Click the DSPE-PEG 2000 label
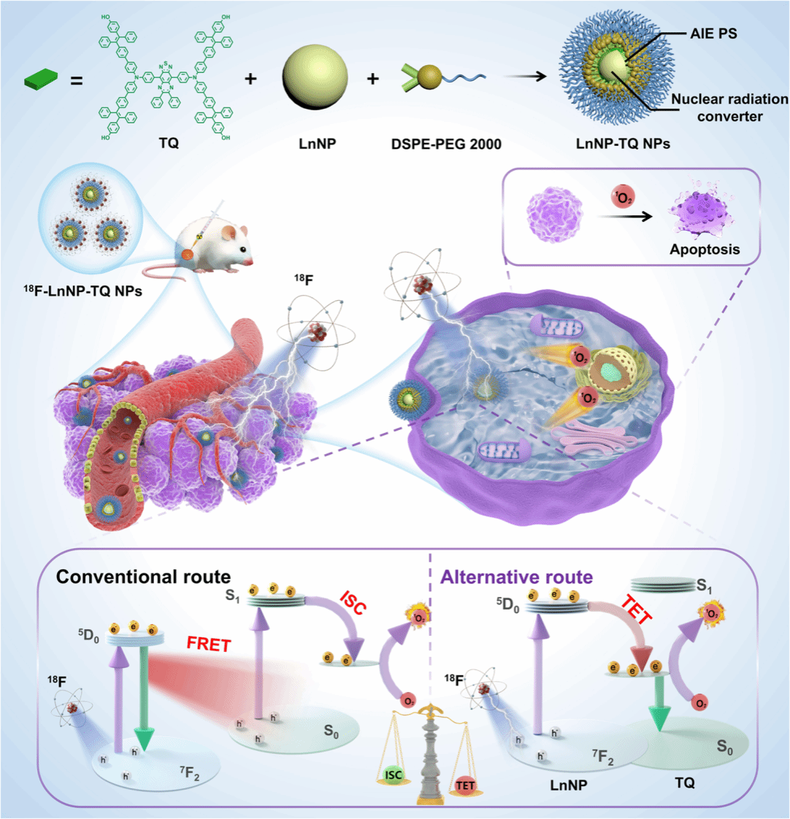(447, 145)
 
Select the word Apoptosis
(705, 249)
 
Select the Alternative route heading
(515, 576)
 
